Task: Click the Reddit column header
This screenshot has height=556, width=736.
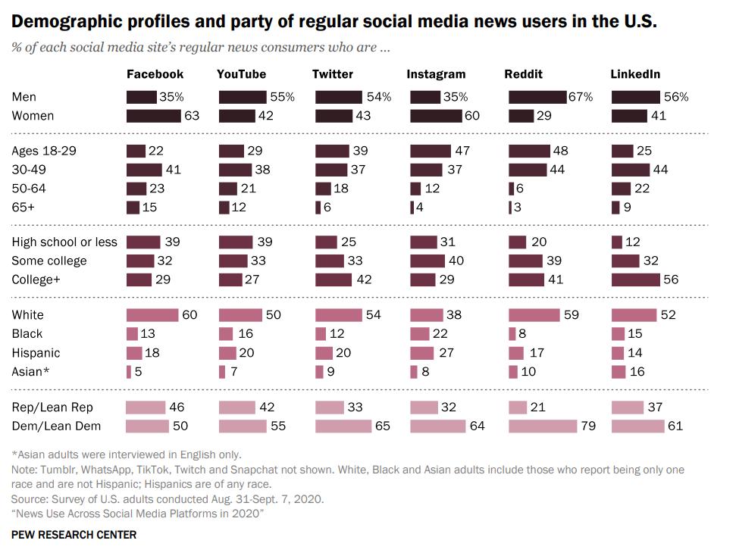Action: coord(523,74)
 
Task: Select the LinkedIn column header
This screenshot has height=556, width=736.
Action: coord(635,74)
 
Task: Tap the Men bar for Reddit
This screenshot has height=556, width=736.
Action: coord(537,97)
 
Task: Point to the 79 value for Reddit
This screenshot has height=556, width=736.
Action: coord(588,426)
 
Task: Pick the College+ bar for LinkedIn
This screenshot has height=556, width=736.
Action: coord(635,280)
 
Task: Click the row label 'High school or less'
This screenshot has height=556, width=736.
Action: coord(64,242)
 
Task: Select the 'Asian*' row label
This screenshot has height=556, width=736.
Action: coord(28,372)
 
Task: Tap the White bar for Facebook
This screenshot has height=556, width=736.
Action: coord(152,315)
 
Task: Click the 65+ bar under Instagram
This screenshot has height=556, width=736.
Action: coord(412,208)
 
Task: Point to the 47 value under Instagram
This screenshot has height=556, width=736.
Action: coord(462,151)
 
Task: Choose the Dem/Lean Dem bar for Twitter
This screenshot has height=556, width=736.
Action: coord(343,426)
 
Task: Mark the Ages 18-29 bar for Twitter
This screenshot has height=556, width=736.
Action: coord(332,151)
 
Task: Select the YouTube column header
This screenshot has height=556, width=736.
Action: coord(241,74)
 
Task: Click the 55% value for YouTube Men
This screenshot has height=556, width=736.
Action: coord(282,97)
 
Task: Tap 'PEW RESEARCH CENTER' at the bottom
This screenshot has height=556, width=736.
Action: coord(74,535)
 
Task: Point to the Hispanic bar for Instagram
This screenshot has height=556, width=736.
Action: coord(421,353)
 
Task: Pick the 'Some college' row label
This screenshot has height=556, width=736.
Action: coord(49,261)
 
